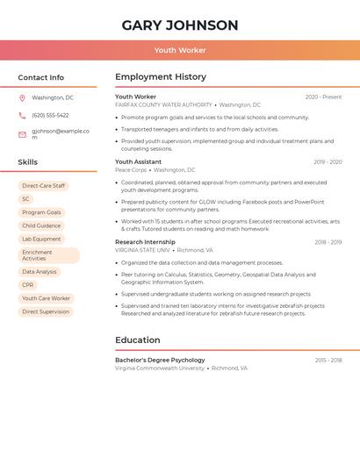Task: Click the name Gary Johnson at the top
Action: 180,25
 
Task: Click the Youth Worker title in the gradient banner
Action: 180,50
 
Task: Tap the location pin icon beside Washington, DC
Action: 22,98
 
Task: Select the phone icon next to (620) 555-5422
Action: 22,115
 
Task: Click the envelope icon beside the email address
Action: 22,134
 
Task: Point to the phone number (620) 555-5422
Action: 50,115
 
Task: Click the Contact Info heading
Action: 40,77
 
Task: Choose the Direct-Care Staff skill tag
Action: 43,186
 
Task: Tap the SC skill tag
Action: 26,199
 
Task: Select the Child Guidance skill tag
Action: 41,225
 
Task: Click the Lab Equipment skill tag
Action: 41,239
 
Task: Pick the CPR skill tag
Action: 28,285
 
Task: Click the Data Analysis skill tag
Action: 40,272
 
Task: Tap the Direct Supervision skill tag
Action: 46,311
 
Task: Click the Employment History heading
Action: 161,77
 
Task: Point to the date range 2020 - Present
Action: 323,97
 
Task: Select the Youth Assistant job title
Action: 138,162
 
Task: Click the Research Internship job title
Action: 145,242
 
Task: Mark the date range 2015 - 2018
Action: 328,361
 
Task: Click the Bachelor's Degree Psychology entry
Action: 160,360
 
